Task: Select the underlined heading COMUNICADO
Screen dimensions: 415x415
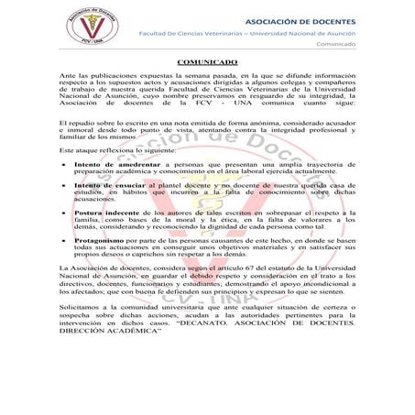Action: click(208, 60)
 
